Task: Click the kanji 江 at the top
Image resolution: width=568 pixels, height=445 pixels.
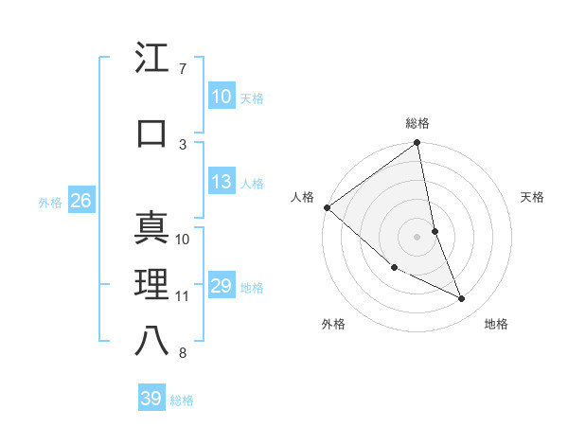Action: (x=152, y=60)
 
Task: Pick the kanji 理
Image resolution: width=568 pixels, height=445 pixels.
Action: (x=152, y=285)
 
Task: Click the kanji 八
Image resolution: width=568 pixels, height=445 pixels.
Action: (x=152, y=341)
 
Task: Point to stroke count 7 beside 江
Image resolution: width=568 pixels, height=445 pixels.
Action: (x=182, y=69)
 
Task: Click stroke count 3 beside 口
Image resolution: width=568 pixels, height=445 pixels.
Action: (x=182, y=144)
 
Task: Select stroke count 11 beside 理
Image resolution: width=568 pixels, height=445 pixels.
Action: (x=182, y=296)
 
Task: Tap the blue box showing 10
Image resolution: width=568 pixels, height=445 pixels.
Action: (x=221, y=96)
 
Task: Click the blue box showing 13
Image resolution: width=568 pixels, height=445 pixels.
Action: (x=221, y=182)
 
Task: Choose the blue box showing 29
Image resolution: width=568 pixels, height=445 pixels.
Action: (x=221, y=286)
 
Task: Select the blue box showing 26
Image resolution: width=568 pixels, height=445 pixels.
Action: (x=80, y=201)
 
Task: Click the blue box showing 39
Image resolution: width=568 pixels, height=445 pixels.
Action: (x=151, y=399)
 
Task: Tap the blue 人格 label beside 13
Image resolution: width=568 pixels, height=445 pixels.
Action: (x=252, y=184)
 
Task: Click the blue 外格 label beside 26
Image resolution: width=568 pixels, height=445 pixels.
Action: (x=50, y=203)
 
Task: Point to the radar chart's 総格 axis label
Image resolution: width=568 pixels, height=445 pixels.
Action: (x=417, y=123)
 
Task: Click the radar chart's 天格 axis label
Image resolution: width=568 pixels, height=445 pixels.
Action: (x=533, y=197)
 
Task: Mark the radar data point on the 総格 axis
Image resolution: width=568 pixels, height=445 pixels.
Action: (x=417, y=143)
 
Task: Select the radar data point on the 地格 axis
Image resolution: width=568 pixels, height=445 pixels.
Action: (x=462, y=299)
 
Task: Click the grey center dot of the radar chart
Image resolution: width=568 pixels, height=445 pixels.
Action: (x=417, y=236)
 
